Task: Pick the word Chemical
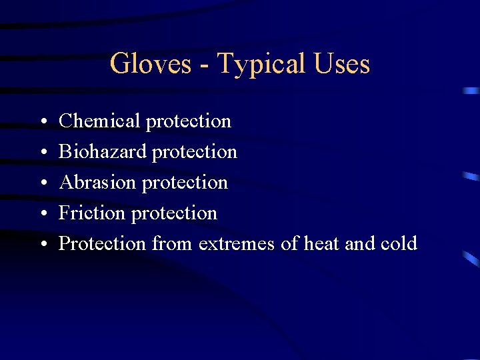point(99,121)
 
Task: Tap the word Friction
point(92,213)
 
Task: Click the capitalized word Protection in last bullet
point(102,243)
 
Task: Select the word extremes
point(236,244)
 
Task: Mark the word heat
point(322,243)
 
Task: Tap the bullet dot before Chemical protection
point(42,122)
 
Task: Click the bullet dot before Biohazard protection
point(42,153)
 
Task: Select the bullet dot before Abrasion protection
point(42,183)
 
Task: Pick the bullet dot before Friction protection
point(42,214)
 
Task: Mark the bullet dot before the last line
point(42,245)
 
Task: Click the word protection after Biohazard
point(194,152)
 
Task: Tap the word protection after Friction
point(174,213)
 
